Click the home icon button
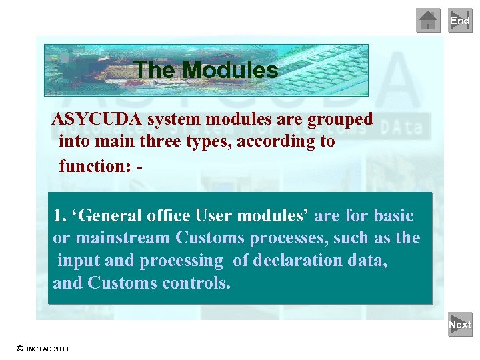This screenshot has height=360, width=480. pos(429,21)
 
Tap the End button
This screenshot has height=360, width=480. pos(460,21)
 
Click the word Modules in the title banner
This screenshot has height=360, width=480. pos(230,70)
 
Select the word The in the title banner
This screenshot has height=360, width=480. pos(155,70)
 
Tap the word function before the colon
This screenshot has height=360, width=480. pos(93,165)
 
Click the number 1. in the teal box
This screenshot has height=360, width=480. pos(60,217)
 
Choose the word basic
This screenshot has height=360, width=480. pos(393,217)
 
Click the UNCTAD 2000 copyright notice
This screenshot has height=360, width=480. pos(42,349)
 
